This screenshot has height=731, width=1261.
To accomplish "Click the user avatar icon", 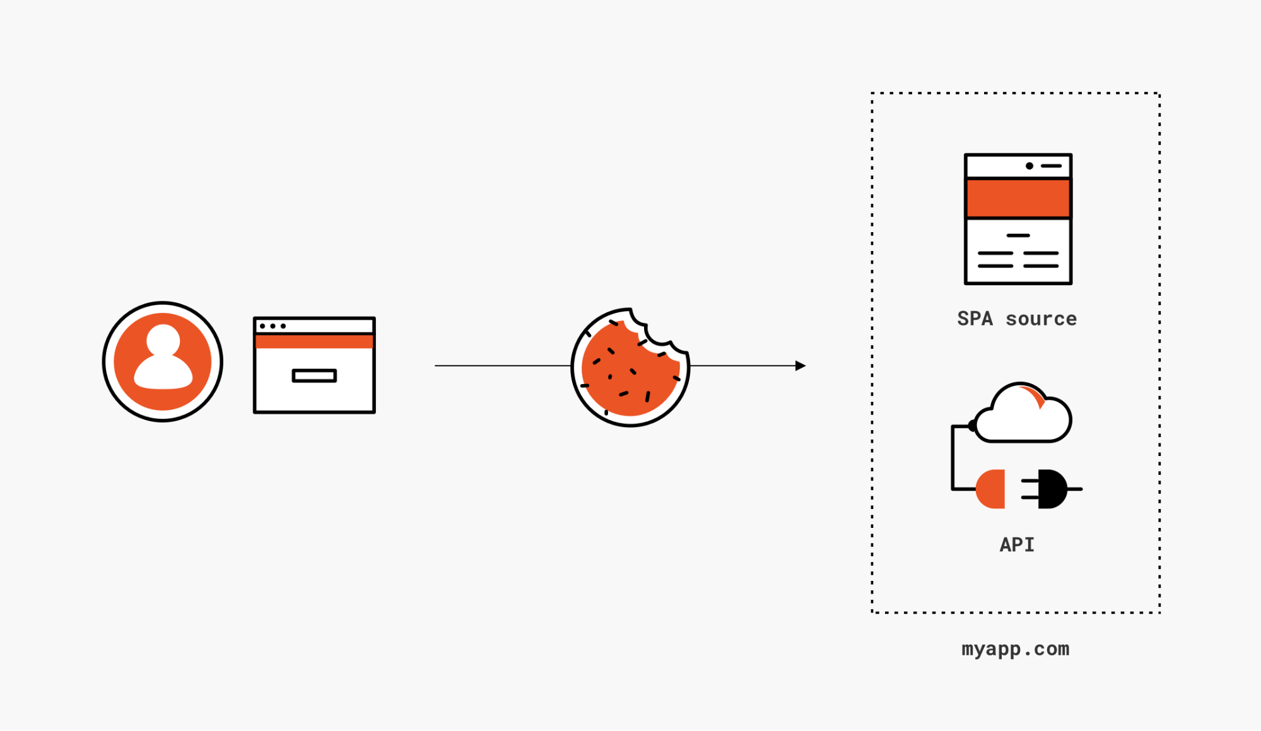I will tap(163, 361).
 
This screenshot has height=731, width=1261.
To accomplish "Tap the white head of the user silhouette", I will tap(163, 341).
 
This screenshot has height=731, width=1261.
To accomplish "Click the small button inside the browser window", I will tap(314, 376).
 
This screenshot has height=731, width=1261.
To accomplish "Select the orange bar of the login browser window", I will tap(314, 342).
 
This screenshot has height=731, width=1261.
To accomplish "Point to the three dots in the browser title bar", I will tap(273, 326).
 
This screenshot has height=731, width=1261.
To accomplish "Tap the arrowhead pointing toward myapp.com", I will tap(801, 366).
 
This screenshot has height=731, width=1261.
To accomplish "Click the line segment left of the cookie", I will tap(502, 366).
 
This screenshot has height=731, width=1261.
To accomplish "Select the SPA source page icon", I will tap(1018, 219).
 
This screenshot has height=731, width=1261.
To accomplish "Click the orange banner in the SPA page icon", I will tap(1018, 198).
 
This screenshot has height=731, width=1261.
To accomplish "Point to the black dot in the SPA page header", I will tap(1029, 166).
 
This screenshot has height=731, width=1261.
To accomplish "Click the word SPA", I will tap(975, 319).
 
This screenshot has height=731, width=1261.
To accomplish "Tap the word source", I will tap(1041, 319).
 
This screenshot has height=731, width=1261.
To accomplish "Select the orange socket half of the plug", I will tap(992, 489).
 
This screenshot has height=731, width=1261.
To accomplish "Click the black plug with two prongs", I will tap(1050, 489).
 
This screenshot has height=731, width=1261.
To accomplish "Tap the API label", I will tap(1017, 544).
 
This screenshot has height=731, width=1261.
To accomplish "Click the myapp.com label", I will tap(1015, 649).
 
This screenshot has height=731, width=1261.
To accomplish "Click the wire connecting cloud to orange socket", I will tap(953, 457).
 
